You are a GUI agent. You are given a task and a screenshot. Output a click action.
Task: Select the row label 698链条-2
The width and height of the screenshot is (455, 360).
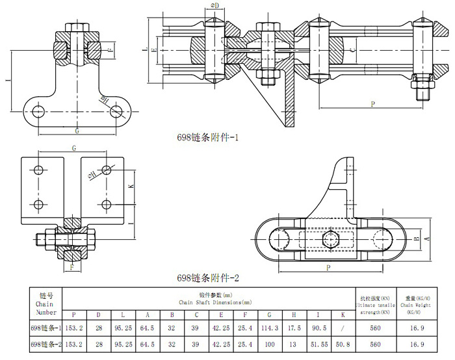pyautogui.click(x=46, y=344)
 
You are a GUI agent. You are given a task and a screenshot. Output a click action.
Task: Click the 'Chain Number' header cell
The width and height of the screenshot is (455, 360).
pyautogui.click(x=46, y=302)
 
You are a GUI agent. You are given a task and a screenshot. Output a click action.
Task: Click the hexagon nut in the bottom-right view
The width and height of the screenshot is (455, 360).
pyautogui.click(x=330, y=239)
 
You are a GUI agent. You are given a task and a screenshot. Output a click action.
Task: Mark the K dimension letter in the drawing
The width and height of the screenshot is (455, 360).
pyautogui.click(x=131, y=186)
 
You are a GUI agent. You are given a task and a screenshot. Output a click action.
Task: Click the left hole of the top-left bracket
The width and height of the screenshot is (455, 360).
pyautogui.click(x=35, y=108)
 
